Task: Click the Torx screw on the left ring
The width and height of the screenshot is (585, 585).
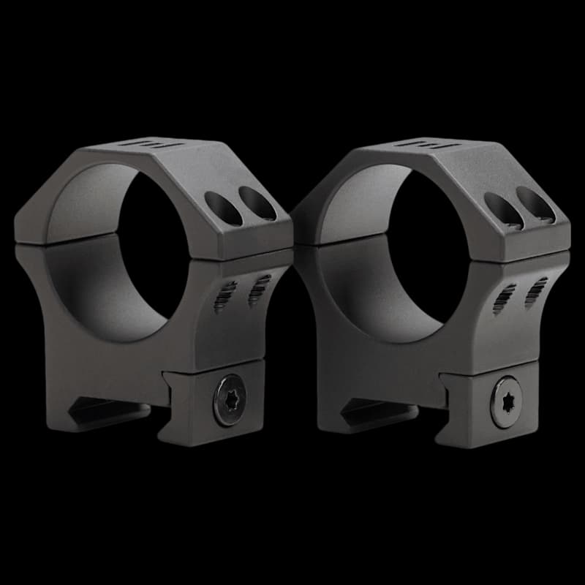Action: (x=229, y=400)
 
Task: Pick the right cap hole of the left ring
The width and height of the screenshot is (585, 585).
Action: (x=257, y=203)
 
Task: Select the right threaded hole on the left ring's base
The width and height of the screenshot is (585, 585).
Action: (x=259, y=290)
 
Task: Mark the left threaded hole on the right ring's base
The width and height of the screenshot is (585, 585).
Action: (x=504, y=297)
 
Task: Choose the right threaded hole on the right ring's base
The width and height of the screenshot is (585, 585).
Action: (x=536, y=291)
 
